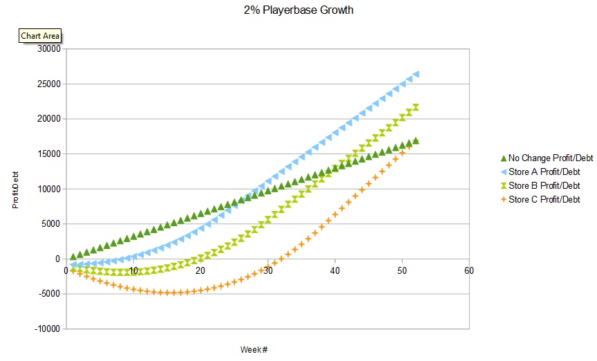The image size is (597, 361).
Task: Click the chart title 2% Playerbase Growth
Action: click(x=298, y=10)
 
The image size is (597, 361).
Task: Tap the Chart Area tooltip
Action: click(x=40, y=35)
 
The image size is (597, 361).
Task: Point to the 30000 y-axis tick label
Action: click(x=49, y=48)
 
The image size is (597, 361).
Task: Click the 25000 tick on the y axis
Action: click(x=49, y=84)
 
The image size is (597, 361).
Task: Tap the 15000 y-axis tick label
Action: click(x=49, y=154)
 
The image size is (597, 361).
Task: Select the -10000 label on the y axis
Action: click(x=47, y=328)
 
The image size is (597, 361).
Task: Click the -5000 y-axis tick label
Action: click(x=49, y=293)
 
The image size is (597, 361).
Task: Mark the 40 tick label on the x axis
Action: click(x=334, y=270)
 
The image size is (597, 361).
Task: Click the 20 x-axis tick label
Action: click(x=200, y=270)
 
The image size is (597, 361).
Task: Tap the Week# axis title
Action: click(x=254, y=349)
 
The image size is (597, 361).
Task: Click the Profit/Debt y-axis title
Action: click(x=15, y=189)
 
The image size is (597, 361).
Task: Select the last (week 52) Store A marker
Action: click(x=416, y=74)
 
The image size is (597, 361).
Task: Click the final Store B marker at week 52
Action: click(x=416, y=107)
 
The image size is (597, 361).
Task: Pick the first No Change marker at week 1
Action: click(x=73, y=257)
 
